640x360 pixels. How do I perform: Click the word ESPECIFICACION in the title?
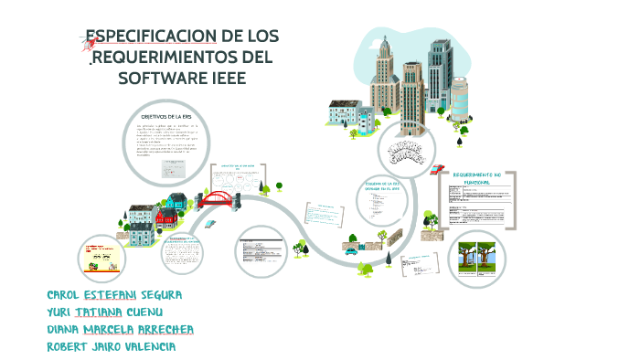pyautogui.click(x=150, y=37)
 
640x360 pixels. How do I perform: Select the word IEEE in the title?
pyautogui.click(x=226, y=77)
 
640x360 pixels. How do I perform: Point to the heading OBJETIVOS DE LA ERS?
pyautogui.click(x=165, y=116)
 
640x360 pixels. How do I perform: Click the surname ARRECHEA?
pyautogui.click(x=164, y=330)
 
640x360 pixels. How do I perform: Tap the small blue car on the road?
pyautogui.click(x=351, y=249)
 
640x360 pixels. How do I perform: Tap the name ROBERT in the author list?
pyautogui.click(x=69, y=347)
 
